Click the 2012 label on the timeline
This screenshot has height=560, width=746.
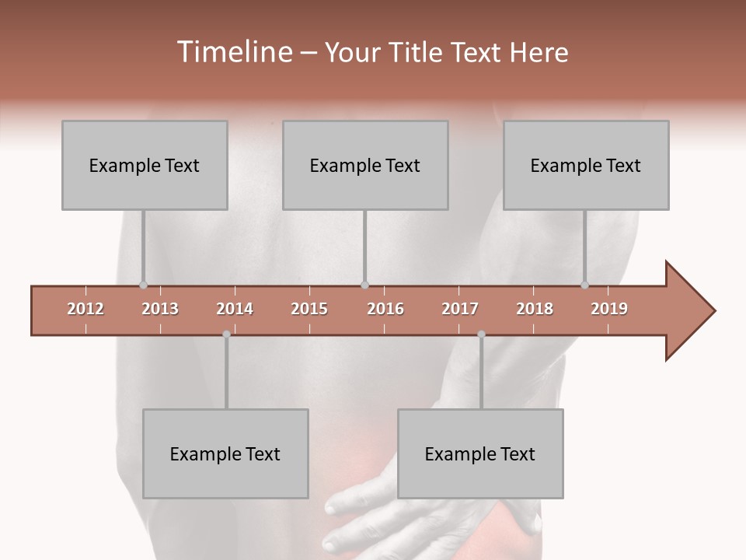[x=85, y=309]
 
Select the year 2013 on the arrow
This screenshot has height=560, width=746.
[x=160, y=309]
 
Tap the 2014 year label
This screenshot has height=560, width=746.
[x=235, y=309]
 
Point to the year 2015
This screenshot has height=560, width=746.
[x=309, y=309]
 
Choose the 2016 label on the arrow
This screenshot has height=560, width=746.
[x=385, y=309]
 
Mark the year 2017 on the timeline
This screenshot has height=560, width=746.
[x=460, y=309]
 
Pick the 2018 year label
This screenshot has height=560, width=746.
[x=535, y=309]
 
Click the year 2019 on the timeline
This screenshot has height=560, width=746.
[x=609, y=309]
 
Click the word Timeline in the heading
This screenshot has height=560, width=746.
[x=233, y=52]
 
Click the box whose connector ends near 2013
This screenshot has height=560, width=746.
[x=145, y=165]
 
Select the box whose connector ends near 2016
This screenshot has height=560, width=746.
[x=365, y=165]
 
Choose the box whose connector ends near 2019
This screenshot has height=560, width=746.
[x=586, y=165]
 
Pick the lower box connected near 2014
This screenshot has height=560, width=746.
[x=225, y=453]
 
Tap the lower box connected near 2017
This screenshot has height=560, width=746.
[x=480, y=453]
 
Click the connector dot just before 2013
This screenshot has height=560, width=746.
[x=143, y=285]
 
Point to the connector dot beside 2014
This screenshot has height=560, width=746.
[x=226, y=334]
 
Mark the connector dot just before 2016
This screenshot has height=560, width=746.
[x=364, y=285]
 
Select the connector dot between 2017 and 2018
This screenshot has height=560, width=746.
[x=481, y=334]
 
